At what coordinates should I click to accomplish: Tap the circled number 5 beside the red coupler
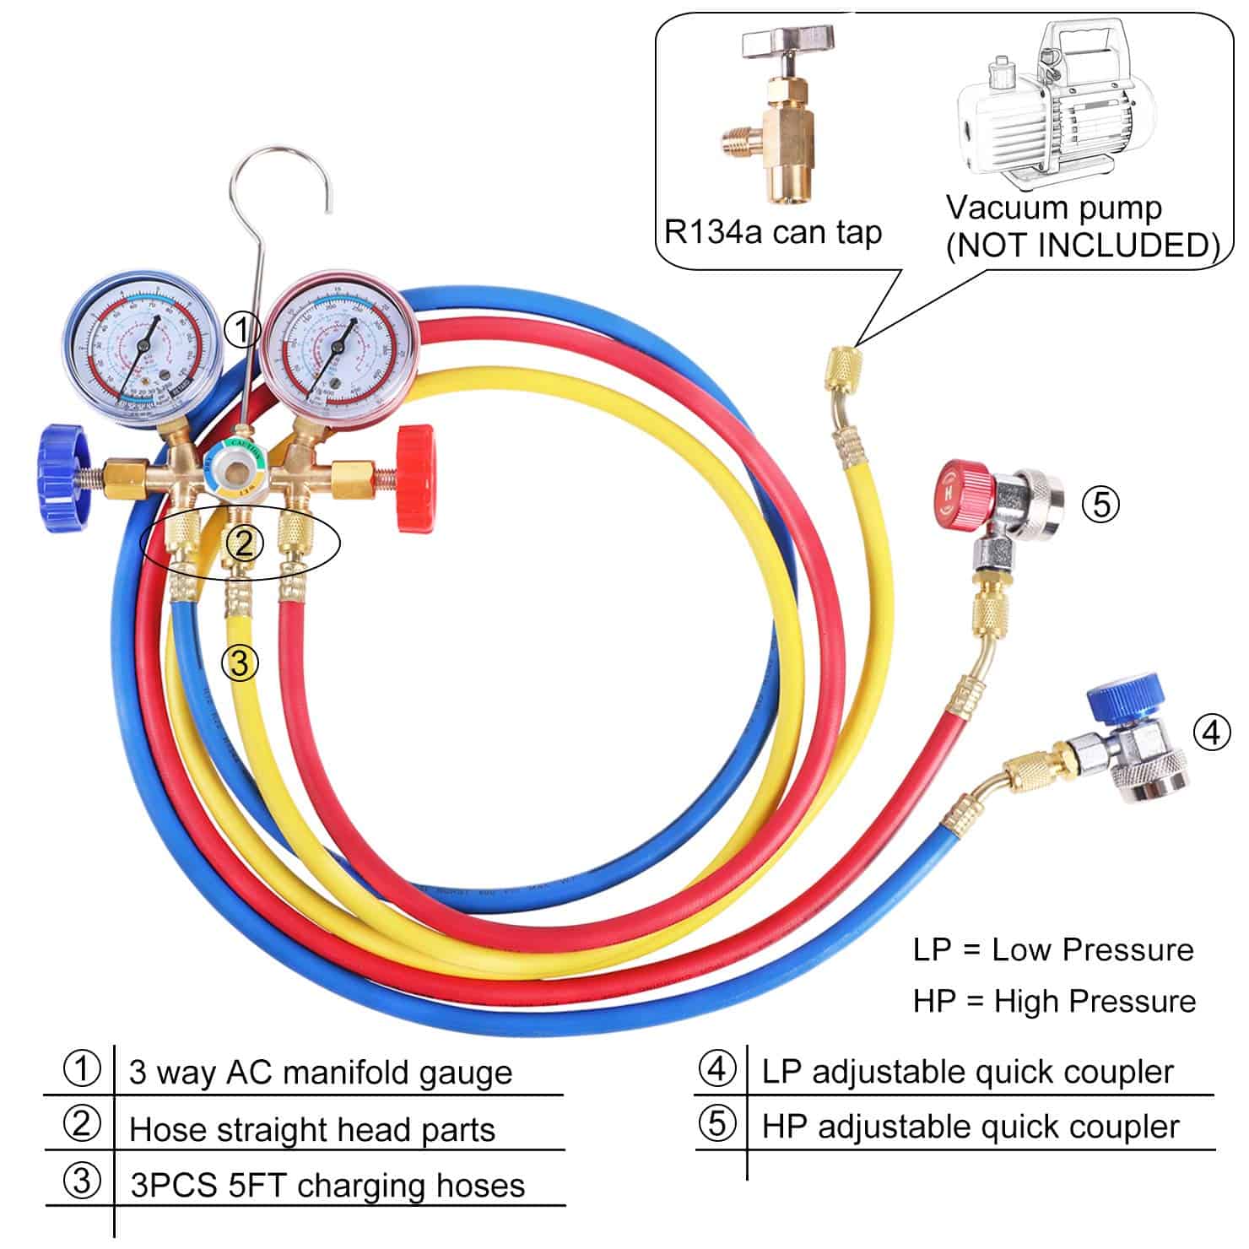(1100, 504)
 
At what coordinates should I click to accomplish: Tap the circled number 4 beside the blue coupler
(1211, 732)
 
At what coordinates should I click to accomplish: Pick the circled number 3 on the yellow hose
(240, 663)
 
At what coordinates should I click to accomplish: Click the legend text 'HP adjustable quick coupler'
(970, 1127)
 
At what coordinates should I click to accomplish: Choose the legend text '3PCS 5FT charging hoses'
(327, 1185)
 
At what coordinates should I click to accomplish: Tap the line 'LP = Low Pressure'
(1053, 949)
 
